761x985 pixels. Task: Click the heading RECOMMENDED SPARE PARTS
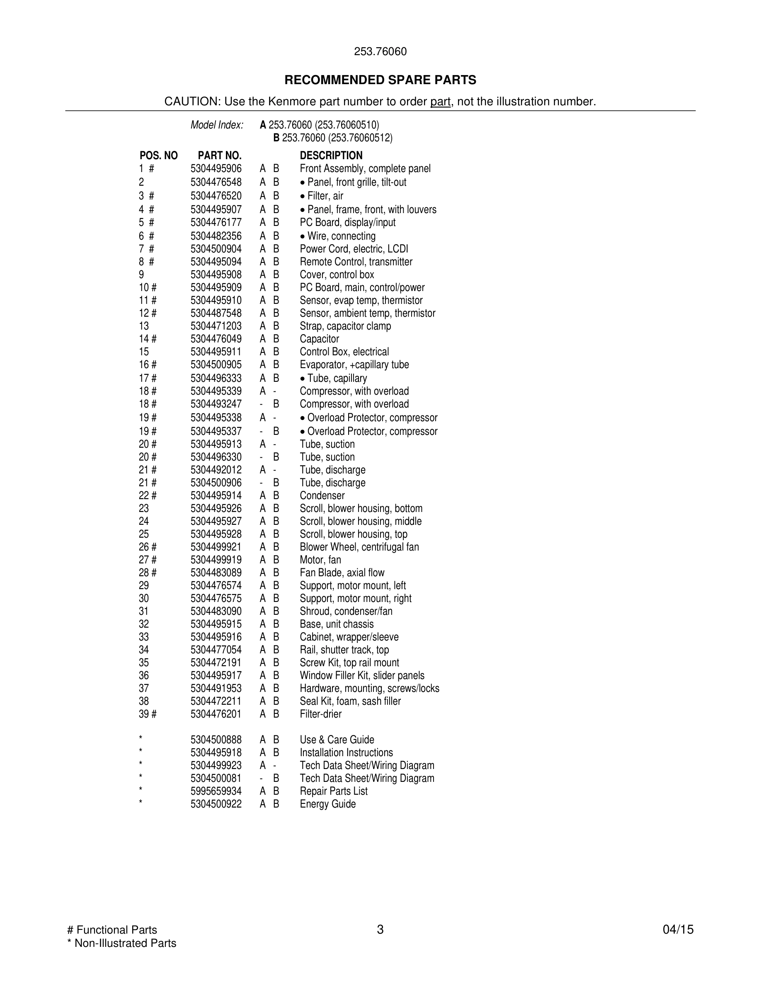tap(380, 80)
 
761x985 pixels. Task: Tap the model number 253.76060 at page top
tap(380, 51)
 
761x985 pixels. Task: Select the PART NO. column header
tap(220, 155)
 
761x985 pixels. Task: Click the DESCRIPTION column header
tap(331, 155)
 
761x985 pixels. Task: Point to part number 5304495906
tap(216, 169)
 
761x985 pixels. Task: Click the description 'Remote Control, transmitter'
tap(356, 262)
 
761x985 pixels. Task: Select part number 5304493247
tap(216, 404)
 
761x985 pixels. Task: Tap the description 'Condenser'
tap(322, 496)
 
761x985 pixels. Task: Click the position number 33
tap(144, 637)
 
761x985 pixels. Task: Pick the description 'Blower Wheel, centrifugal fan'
tap(359, 547)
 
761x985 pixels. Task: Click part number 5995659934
tap(216, 791)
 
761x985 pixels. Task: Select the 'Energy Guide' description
tap(328, 804)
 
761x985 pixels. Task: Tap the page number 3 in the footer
tap(380, 929)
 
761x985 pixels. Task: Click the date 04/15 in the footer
tap(678, 929)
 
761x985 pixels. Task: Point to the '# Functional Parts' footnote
tap(112, 930)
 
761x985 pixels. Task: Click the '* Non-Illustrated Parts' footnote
tap(122, 943)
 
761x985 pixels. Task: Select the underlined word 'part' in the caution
tap(440, 102)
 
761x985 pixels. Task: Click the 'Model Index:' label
tap(217, 125)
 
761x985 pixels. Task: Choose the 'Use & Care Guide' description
tap(337, 740)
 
